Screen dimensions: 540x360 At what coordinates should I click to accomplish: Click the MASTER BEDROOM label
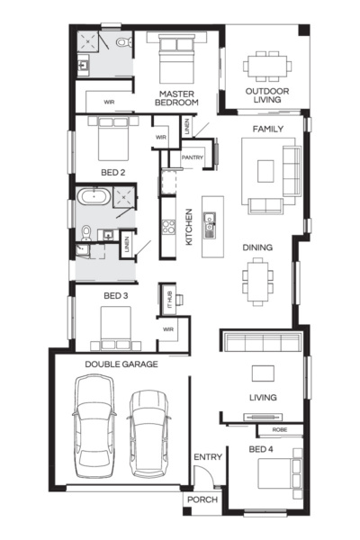pyautogui.click(x=178, y=98)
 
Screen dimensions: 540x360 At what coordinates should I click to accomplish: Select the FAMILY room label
pyautogui.click(x=267, y=130)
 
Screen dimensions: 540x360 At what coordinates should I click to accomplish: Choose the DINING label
pyautogui.click(x=257, y=247)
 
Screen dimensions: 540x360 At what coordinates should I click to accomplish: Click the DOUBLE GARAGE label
pyautogui.click(x=121, y=364)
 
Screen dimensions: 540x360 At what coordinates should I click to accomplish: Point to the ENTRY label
pyautogui.click(x=208, y=457)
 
